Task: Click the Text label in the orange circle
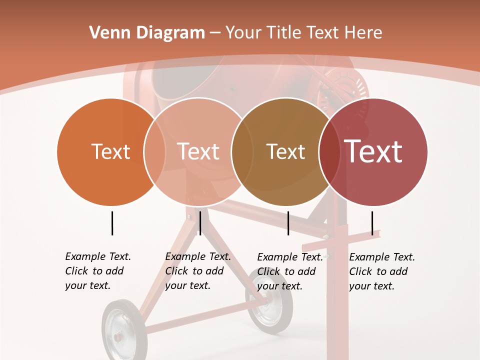(110, 151)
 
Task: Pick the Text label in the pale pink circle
(198, 151)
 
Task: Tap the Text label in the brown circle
(285, 151)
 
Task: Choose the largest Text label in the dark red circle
(373, 151)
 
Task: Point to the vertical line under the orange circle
(112, 223)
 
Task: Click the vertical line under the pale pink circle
(200, 223)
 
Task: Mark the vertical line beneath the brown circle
(288, 223)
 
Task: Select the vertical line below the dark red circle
(372, 223)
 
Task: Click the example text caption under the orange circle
(98, 271)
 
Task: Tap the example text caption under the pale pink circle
(198, 271)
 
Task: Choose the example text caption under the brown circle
(290, 271)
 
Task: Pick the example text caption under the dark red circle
(382, 271)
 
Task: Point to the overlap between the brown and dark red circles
(329, 151)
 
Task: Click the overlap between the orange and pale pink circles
(154, 151)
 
